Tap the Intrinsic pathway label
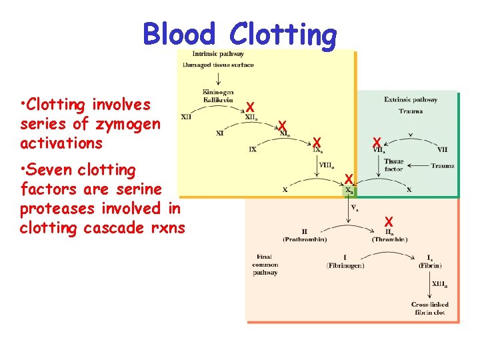pyautogui.click(x=217, y=54)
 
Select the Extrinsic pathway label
pyautogui.click(x=411, y=100)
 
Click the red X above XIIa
pyautogui.click(x=249, y=107)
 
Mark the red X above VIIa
pyautogui.click(x=377, y=143)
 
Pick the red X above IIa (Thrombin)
pyautogui.click(x=389, y=221)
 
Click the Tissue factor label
pyautogui.click(x=393, y=165)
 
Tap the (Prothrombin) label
pyautogui.click(x=303, y=239)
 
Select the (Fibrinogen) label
pyautogui.click(x=345, y=265)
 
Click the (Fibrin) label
pyautogui.click(x=429, y=265)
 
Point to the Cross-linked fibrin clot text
pyautogui.click(x=429, y=308)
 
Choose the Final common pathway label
pyautogui.click(x=266, y=265)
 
